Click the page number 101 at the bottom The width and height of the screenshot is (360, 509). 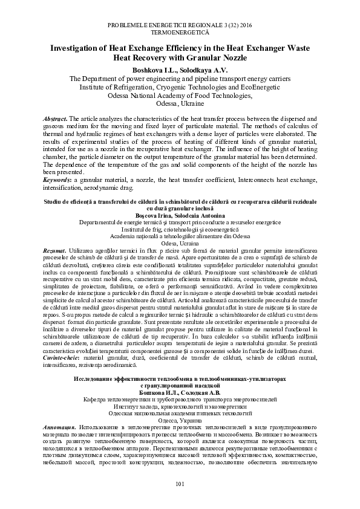180,484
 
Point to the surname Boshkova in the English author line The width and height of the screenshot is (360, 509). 149,70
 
